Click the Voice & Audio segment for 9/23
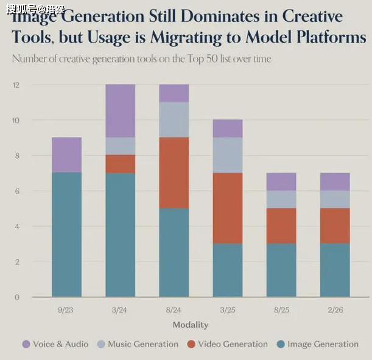coord(66,155)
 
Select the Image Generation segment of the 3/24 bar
coord(120,235)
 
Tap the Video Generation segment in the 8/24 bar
coord(174,173)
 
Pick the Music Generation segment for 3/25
coord(228,155)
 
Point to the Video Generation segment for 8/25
coord(281,226)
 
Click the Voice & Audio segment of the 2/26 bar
coord(335,181)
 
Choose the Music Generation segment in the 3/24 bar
coord(120,146)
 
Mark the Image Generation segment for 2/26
coord(335,270)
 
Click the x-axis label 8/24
coord(174,310)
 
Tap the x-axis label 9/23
coord(66,310)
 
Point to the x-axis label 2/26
coord(335,310)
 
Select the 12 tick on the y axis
coord(16,85)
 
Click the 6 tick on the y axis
coord(17,191)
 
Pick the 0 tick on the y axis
coord(17,297)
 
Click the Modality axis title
coord(190,325)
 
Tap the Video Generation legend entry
coord(226,344)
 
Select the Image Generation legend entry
coord(317,344)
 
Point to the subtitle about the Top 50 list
coord(141,59)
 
